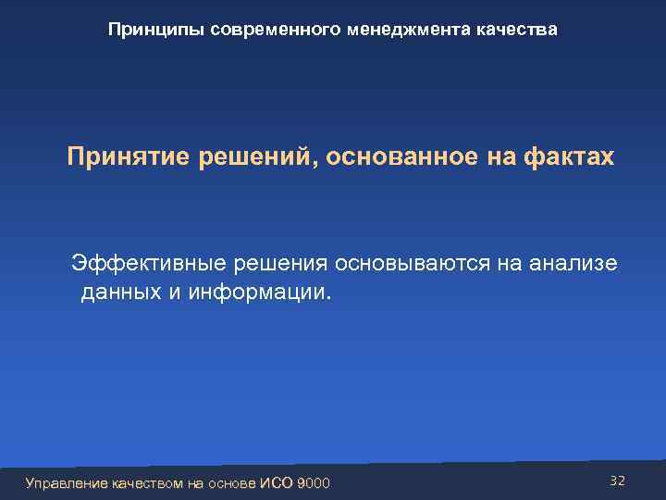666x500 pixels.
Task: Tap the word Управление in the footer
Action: click(67, 482)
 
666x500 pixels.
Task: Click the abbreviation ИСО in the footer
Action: click(279, 482)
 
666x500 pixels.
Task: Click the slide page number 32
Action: click(618, 480)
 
